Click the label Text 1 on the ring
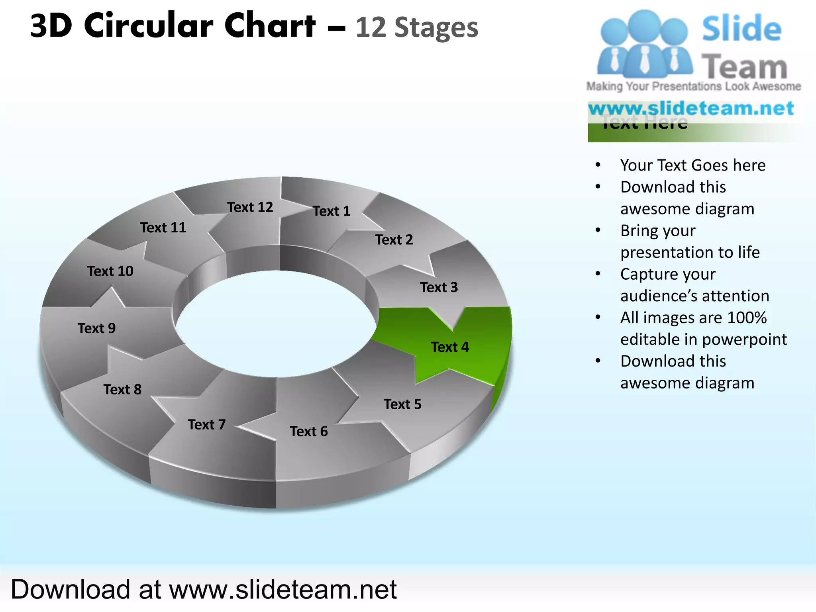coord(331,211)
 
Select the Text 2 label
coord(394,240)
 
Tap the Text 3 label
coord(439,287)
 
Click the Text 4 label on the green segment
coord(450,347)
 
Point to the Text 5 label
coord(402,404)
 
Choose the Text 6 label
coord(309,432)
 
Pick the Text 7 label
coord(206,425)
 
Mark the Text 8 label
coord(122,390)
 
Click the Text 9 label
coord(96,328)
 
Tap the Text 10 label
coord(110,271)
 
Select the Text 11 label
coord(163,228)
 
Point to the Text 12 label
coord(250,207)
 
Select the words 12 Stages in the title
coord(416,28)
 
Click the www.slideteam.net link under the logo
coord(691,108)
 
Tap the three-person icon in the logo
coord(644,45)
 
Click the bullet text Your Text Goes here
coord(692,165)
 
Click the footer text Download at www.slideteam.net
coord(204,589)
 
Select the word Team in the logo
coord(744,67)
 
